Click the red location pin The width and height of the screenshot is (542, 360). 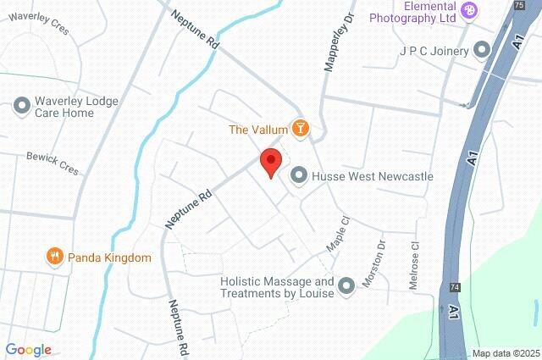270,161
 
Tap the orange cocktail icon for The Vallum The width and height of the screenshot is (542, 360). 300,129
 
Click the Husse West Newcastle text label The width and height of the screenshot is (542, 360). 373,176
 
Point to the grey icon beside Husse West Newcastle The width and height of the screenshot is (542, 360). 299,175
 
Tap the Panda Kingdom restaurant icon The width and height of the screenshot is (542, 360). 54,257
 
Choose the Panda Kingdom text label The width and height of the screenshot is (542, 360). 109,258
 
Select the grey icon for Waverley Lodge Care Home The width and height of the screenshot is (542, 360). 22,106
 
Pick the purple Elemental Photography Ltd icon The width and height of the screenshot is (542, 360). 471,12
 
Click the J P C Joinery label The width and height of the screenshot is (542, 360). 434,51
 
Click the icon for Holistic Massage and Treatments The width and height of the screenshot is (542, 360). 346,286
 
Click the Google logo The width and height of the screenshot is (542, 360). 28,350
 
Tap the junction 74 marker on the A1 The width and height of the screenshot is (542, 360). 455,287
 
